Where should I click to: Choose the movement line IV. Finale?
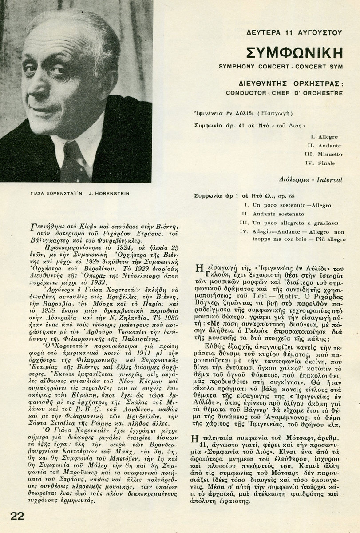[x=324, y=164]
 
